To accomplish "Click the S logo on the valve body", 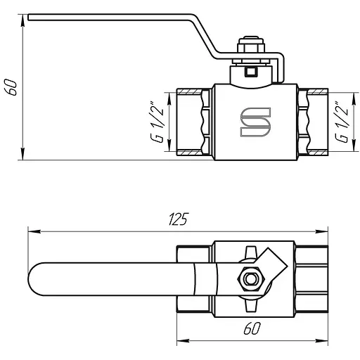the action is pyautogui.click(x=255, y=122).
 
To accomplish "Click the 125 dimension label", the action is pyautogui.click(x=179, y=219).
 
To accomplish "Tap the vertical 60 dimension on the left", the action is pyautogui.click(x=11, y=87).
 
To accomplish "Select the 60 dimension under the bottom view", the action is pyautogui.click(x=252, y=328).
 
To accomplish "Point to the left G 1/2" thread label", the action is pyautogui.click(x=156, y=122).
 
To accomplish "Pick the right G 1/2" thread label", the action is pyautogui.click(x=342, y=122).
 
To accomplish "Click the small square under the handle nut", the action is pyautogui.click(x=251, y=72).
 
